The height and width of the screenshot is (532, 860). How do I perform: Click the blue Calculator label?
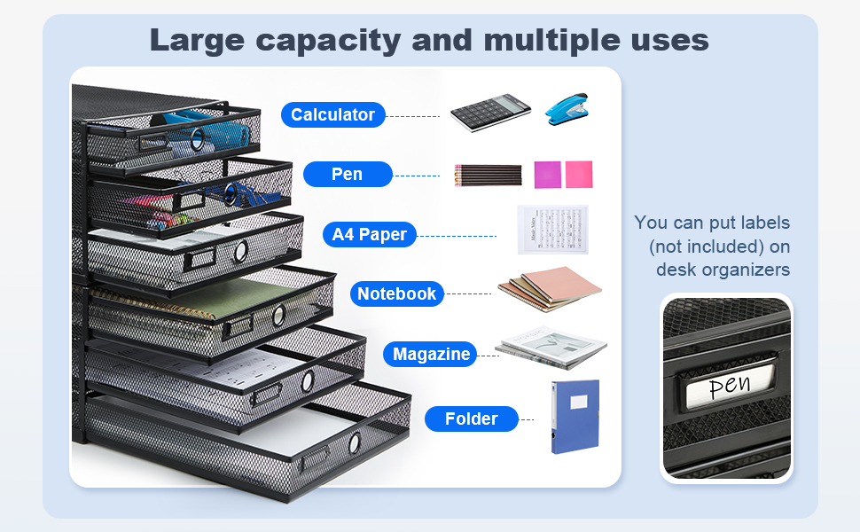(x=332, y=114)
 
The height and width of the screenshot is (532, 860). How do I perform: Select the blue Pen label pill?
(x=347, y=174)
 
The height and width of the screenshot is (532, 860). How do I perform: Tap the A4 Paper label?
(x=369, y=235)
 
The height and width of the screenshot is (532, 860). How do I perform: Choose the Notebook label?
(x=396, y=293)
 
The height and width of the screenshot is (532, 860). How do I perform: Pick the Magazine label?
(x=431, y=354)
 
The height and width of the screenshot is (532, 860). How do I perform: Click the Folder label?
(x=471, y=419)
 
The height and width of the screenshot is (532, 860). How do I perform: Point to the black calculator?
(x=489, y=113)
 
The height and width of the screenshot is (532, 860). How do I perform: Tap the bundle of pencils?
(x=488, y=175)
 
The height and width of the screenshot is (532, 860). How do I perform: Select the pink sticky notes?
(x=563, y=174)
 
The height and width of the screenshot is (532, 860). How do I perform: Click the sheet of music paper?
(x=552, y=230)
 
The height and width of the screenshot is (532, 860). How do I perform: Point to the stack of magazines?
(x=551, y=348)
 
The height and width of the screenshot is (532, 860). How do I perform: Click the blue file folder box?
(x=575, y=416)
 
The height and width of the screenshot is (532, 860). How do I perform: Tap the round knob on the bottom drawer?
(x=354, y=442)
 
